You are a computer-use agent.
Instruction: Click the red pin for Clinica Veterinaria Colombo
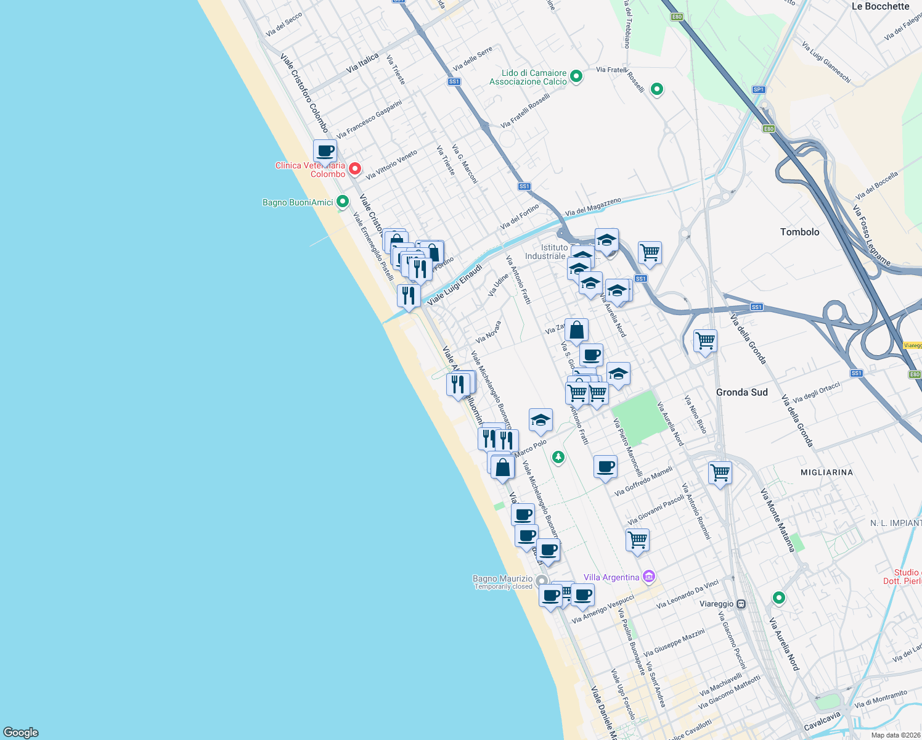(x=355, y=168)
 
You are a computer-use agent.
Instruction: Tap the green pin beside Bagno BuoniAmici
(x=343, y=202)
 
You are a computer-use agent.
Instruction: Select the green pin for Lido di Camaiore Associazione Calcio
(x=576, y=76)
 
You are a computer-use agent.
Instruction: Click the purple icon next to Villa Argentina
(x=648, y=577)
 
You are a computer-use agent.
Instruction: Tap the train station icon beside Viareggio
(x=741, y=604)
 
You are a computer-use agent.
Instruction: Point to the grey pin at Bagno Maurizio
(x=542, y=581)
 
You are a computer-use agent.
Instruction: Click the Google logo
(x=20, y=732)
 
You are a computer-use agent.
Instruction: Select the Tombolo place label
(x=799, y=232)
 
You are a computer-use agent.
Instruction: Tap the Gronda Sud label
(x=741, y=392)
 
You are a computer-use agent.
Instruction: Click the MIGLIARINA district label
(x=826, y=472)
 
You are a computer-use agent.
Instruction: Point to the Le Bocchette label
(x=880, y=6)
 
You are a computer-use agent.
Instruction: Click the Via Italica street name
(x=362, y=63)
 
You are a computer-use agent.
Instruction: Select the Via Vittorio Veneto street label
(x=391, y=165)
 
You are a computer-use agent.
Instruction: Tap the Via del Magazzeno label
(x=593, y=207)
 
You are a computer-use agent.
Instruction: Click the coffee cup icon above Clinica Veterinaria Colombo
(x=325, y=150)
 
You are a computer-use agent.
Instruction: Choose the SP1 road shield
(x=758, y=89)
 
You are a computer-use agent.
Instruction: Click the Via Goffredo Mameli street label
(x=643, y=482)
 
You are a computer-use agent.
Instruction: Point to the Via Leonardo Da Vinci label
(x=687, y=594)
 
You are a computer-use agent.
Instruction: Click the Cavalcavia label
(x=822, y=721)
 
